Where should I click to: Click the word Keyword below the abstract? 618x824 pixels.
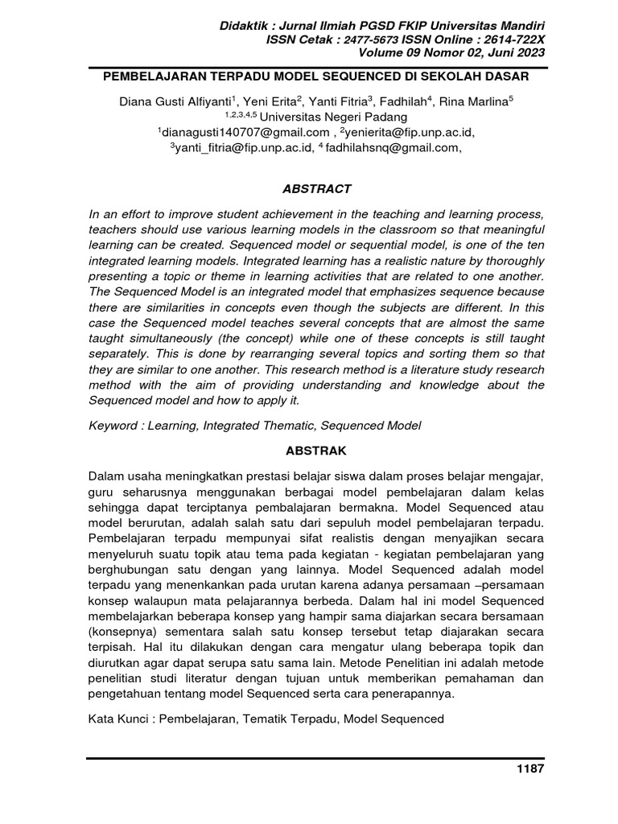(113, 425)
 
